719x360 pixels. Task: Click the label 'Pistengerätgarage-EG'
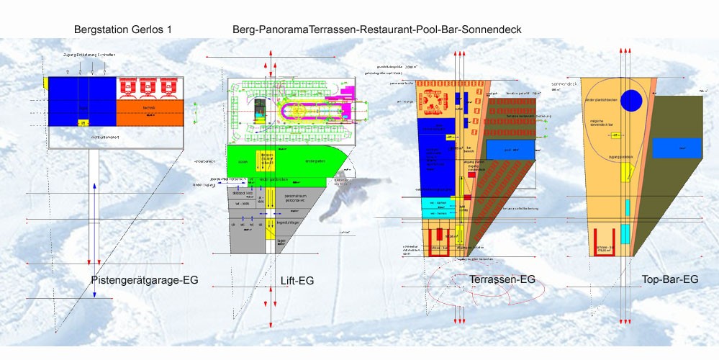[145, 279]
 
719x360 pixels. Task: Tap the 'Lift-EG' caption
[298, 279]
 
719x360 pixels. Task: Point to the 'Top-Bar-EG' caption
[669, 279]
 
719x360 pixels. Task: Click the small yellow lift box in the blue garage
[82, 123]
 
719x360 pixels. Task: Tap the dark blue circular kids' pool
[631, 100]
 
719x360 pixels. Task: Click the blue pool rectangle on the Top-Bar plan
[677, 148]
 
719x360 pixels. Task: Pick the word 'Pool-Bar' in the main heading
[435, 30]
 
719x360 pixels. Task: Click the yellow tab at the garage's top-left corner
[45, 84]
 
